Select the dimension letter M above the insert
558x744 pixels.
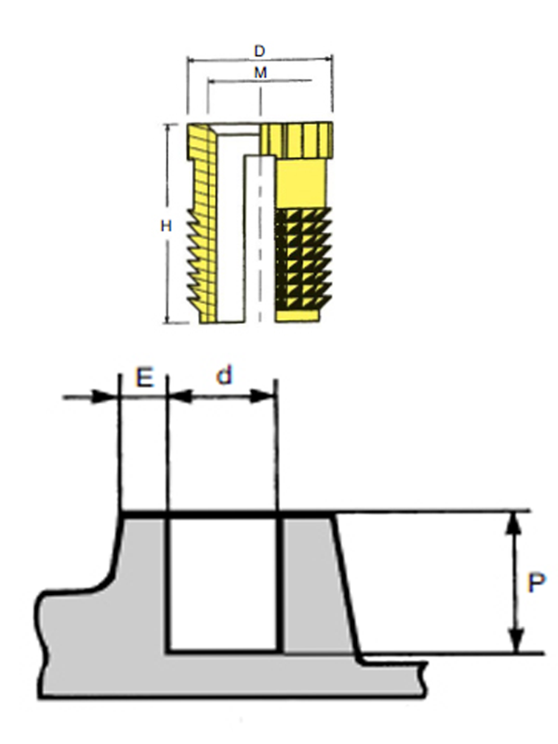point(262,72)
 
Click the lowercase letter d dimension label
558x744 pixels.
point(223,376)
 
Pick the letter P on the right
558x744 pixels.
point(536,583)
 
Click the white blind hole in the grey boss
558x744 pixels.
point(223,581)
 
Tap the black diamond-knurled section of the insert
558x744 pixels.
point(304,260)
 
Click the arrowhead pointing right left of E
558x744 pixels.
point(112,397)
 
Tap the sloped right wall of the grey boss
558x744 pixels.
point(347,586)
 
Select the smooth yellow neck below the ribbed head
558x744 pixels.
point(302,181)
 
